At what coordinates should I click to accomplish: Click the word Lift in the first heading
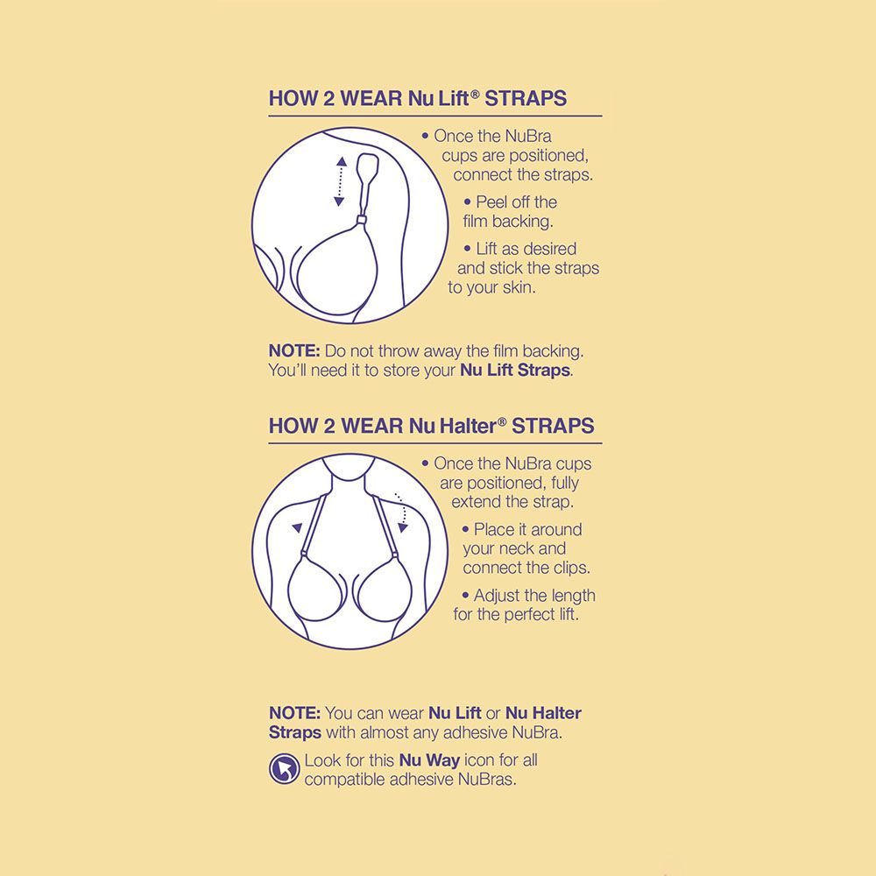point(453,98)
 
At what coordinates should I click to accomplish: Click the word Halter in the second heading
point(468,427)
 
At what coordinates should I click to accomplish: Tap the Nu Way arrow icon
point(285,769)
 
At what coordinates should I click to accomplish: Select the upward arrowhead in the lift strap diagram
point(342,162)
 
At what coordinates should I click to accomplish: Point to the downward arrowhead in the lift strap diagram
point(339,201)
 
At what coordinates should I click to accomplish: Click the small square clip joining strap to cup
point(362,220)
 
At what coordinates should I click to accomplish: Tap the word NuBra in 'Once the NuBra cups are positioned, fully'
point(528,463)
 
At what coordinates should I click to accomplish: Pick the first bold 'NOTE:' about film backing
point(294,351)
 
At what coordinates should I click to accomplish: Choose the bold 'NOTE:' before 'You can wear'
point(294,713)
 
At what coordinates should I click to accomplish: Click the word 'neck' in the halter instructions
point(515,548)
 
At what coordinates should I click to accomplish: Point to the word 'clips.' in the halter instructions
point(571,569)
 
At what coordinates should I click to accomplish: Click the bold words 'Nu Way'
point(429,760)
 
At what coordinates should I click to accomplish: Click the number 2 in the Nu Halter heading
point(329,427)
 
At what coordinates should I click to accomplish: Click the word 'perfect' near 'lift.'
point(531,615)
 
